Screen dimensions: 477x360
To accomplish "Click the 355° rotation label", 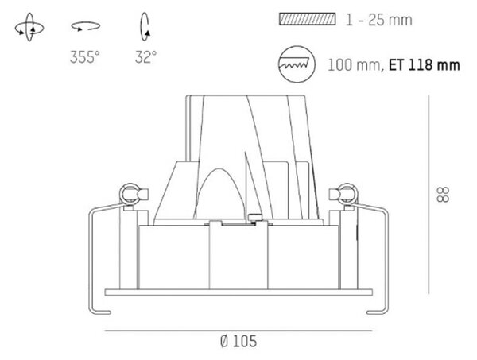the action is click(x=84, y=57).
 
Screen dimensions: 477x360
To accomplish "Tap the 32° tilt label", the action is click(x=145, y=57).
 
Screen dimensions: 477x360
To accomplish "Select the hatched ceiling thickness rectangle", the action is click(x=307, y=19).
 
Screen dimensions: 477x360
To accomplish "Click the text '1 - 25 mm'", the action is click(x=378, y=20).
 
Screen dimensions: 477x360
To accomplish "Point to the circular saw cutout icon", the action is click(x=297, y=64).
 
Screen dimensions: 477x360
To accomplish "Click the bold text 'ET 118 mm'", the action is click(x=425, y=65).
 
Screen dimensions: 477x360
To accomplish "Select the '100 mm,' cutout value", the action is click(x=356, y=65).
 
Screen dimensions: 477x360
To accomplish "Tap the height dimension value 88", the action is click(x=443, y=195).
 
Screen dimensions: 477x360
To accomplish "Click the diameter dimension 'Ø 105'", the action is click(x=238, y=341).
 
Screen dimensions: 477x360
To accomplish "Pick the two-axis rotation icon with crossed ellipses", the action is click(x=29, y=27).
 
